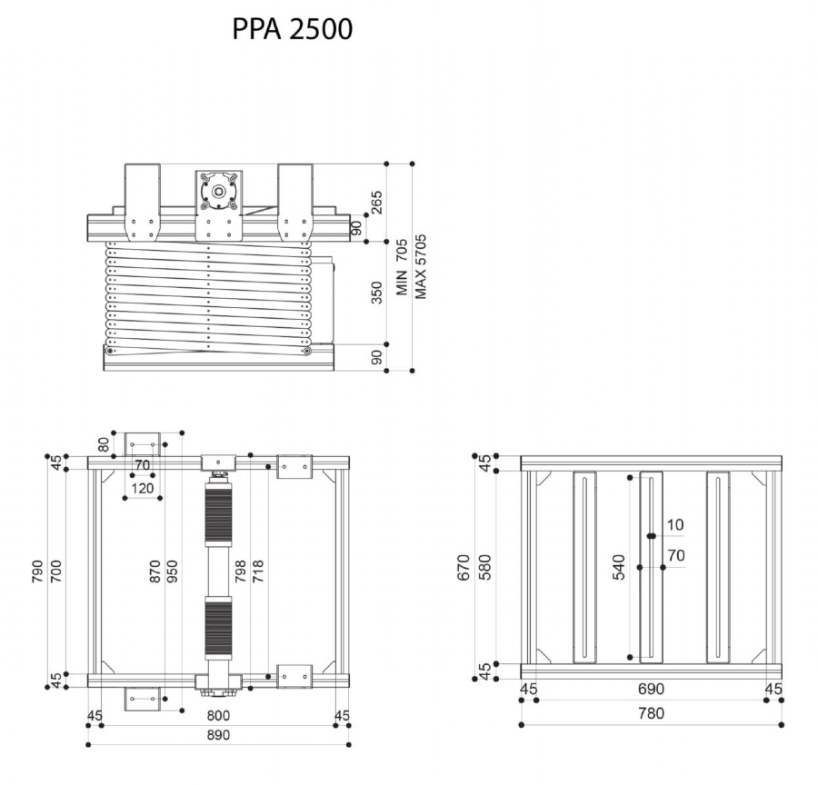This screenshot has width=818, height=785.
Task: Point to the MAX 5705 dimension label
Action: [x=420, y=267]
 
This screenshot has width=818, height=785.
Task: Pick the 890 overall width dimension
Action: [x=217, y=734]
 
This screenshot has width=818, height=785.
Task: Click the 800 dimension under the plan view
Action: [x=217, y=716]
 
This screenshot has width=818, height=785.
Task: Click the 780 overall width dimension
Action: [x=651, y=714]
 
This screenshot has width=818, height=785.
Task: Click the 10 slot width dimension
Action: [x=675, y=525]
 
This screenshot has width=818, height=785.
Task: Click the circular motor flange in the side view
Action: [x=218, y=192]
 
